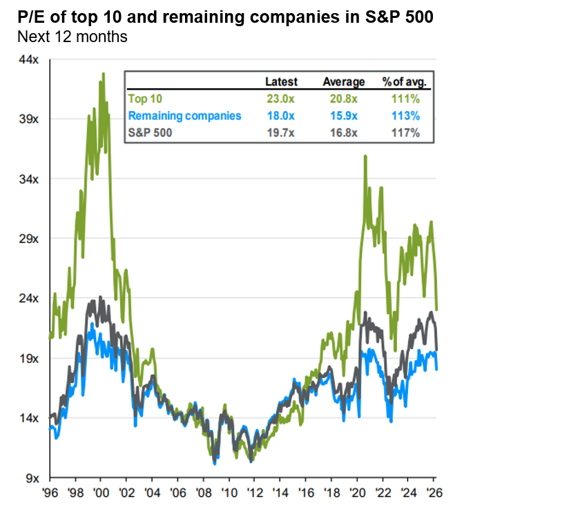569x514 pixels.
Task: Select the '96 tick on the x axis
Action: tap(50, 494)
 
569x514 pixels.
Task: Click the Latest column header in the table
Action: tap(281, 82)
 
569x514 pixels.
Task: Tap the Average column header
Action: tap(344, 82)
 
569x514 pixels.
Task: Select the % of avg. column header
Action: tap(405, 82)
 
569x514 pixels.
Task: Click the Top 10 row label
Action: tap(145, 99)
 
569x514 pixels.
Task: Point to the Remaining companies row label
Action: tap(185, 115)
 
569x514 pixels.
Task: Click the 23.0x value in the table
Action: tap(282, 99)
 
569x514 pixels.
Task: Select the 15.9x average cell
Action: tap(344, 115)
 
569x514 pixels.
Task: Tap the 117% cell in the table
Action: tap(405, 132)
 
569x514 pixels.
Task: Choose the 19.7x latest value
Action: tap(282, 132)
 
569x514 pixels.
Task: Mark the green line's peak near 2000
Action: tap(104, 73)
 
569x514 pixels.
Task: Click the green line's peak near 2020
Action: tap(365, 157)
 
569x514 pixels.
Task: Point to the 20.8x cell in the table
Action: tap(344, 99)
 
